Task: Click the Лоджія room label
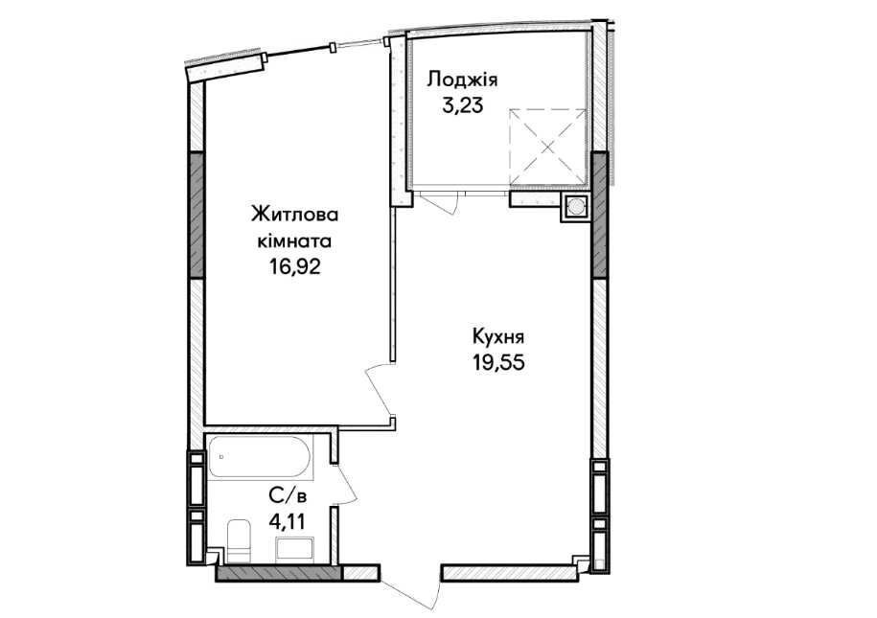462,80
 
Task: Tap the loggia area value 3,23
462,105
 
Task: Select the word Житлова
295,215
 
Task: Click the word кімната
294,241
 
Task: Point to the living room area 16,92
295,266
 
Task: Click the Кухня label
498,338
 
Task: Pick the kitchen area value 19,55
498,363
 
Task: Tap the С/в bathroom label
288,496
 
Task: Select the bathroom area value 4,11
288,522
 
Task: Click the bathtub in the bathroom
260,456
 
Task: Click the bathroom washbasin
295,547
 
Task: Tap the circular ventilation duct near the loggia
575,208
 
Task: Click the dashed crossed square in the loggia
548,147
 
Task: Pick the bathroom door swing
348,482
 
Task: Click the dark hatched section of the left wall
196,215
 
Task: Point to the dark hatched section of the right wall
599,215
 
